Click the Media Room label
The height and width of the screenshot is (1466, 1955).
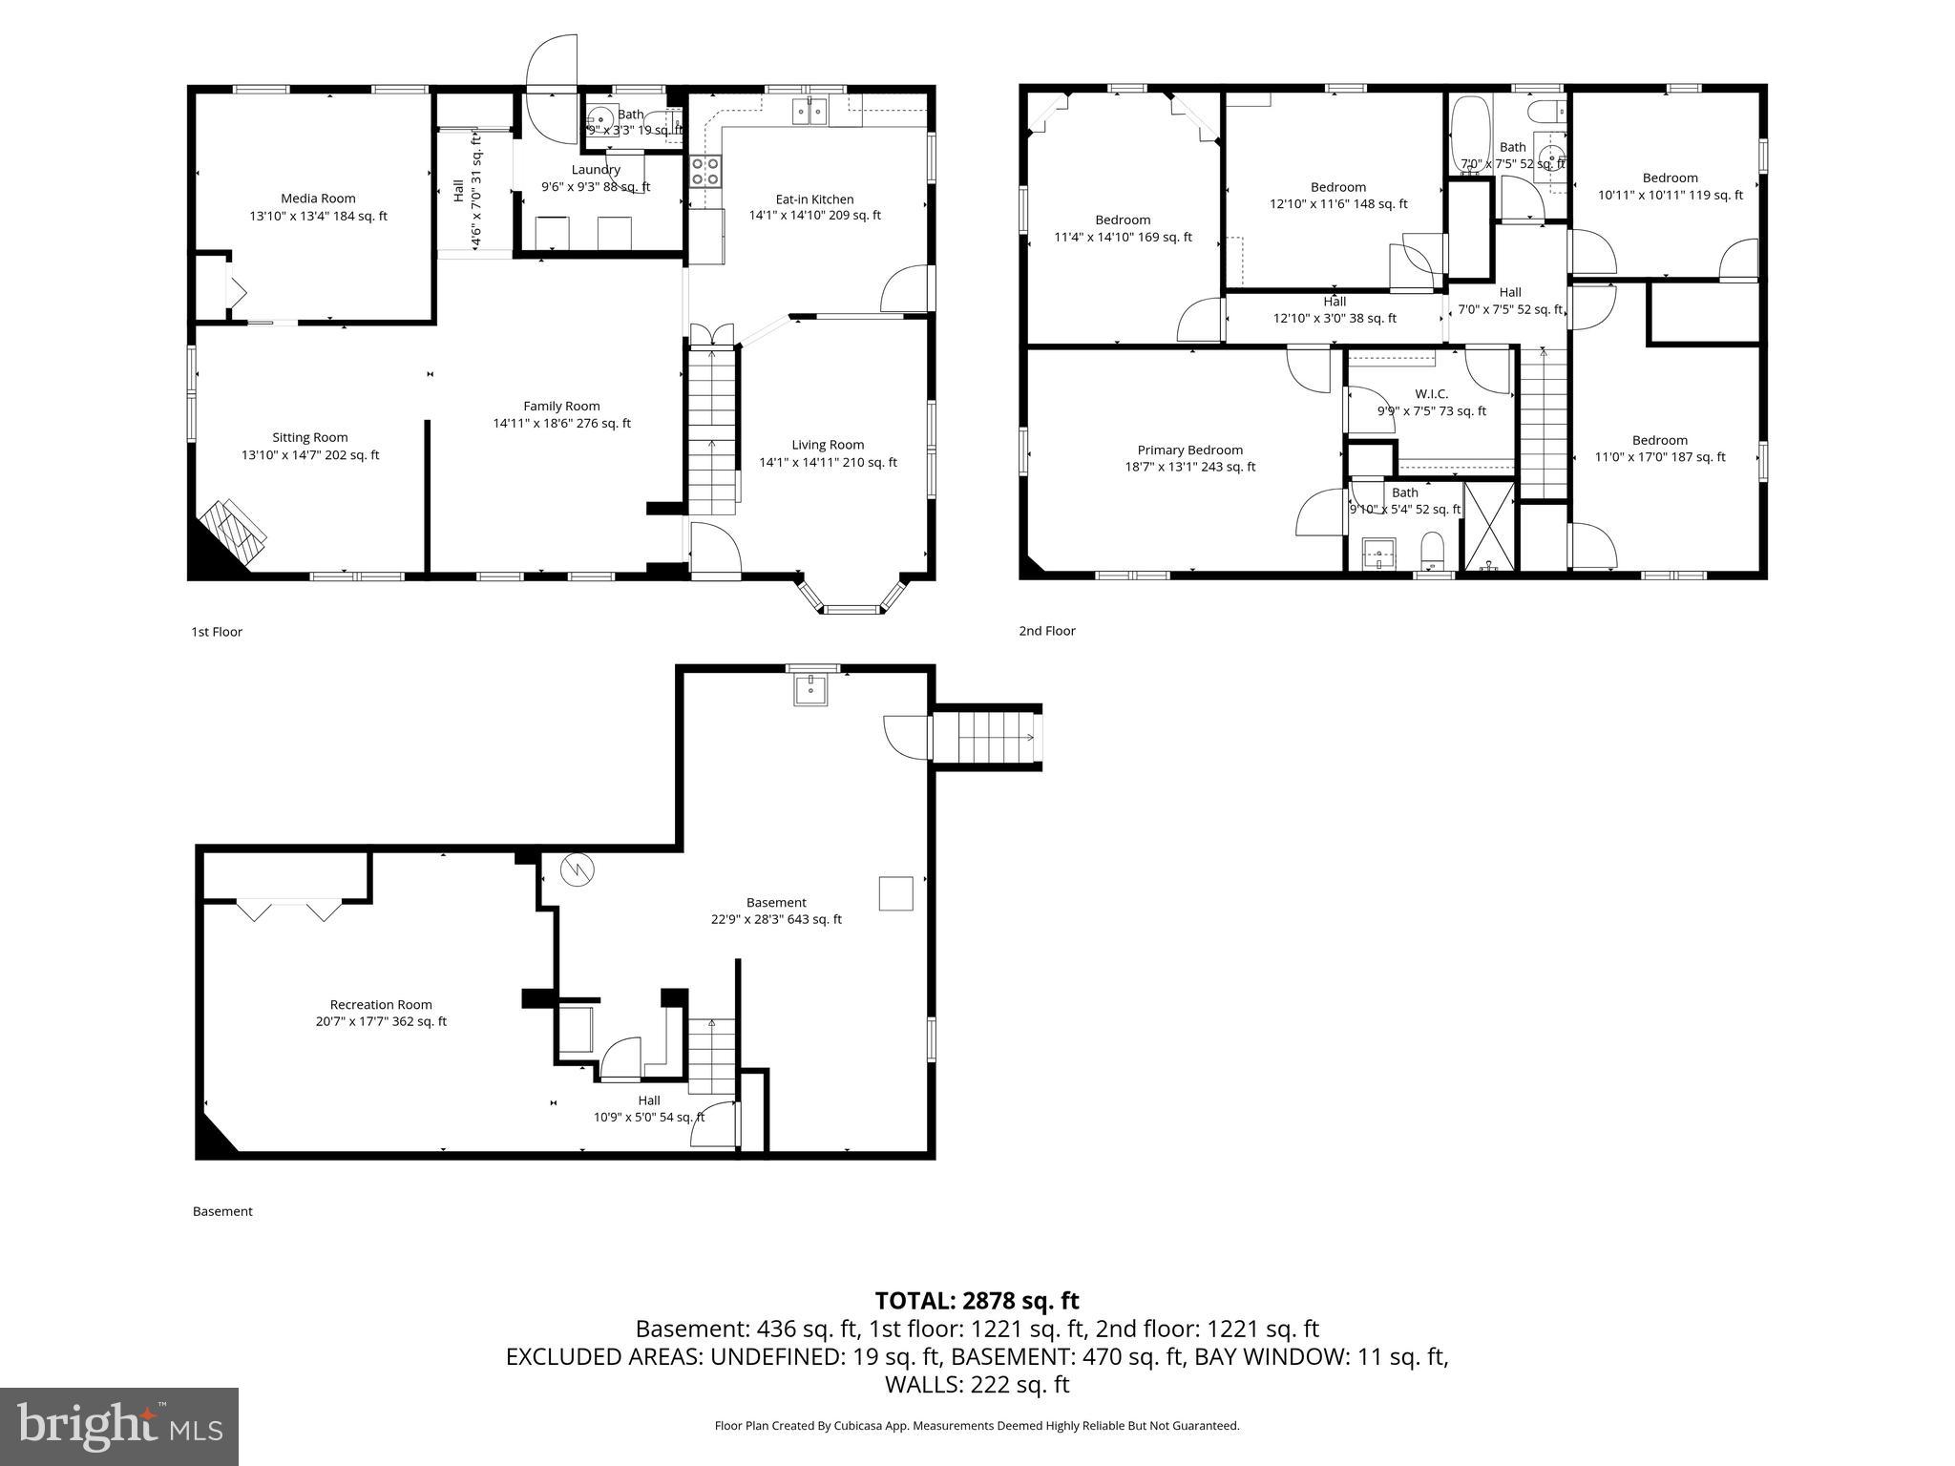tap(318, 199)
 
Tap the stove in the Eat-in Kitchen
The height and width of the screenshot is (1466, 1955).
tap(705, 172)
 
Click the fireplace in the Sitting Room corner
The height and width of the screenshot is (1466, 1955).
tap(234, 534)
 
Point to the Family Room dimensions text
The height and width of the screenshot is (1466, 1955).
tap(561, 424)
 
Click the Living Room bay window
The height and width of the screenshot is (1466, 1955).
tap(851, 597)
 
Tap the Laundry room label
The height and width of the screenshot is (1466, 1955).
tap(596, 170)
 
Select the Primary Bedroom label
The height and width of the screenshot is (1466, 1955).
tap(1189, 450)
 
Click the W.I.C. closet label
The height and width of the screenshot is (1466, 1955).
tap(1431, 393)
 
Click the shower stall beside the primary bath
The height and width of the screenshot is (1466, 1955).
tap(1488, 527)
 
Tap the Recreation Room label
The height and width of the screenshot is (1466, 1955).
tap(381, 1004)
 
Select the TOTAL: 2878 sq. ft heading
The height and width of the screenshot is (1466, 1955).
tap(977, 1300)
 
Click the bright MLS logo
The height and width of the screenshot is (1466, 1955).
tap(119, 1426)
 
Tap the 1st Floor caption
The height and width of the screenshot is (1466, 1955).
tap(217, 632)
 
